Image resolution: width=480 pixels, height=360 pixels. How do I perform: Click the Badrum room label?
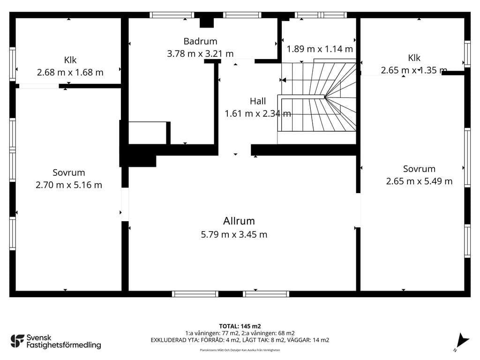click(x=200, y=41)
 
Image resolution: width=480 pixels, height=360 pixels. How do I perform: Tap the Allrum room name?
click(x=239, y=221)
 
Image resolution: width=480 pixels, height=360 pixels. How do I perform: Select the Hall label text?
click(x=258, y=101)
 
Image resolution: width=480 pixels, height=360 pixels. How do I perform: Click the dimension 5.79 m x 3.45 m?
click(x=234, y=234)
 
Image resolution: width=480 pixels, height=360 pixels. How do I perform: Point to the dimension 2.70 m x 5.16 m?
click(x=68, y=185)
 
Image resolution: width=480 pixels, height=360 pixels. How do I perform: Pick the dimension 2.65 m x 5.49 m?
click(x=419, y=181)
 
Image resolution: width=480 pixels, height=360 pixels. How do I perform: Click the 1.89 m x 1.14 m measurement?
click(x=320, y=49)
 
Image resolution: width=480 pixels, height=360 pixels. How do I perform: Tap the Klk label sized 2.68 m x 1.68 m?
click(x=70, y=60)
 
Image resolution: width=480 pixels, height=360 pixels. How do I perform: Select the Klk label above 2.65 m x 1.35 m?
click(x=414, y=58)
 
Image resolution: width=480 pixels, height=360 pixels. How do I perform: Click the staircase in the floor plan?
click(x=317, y=97)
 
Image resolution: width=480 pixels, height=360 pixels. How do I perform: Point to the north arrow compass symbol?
click(x=461, y=341)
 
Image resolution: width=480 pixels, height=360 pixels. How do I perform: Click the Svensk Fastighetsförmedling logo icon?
click(x=17, y=341)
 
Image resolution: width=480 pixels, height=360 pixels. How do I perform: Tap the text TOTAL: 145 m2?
click(x=240, y=326)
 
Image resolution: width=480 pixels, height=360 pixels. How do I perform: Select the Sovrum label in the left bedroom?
click(x=68, y=172)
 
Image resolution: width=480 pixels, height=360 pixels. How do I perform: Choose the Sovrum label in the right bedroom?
click(x=419, y=169)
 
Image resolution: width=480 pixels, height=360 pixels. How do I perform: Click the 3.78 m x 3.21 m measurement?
click(x=200, y=54)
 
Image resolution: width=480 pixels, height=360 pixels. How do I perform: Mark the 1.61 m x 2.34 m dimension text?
click(x=258, y=113)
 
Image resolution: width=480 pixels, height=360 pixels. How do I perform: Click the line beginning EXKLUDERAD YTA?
click(x=240, y=340)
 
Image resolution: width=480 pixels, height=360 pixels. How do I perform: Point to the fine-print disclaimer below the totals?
click(x=240, y=350)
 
